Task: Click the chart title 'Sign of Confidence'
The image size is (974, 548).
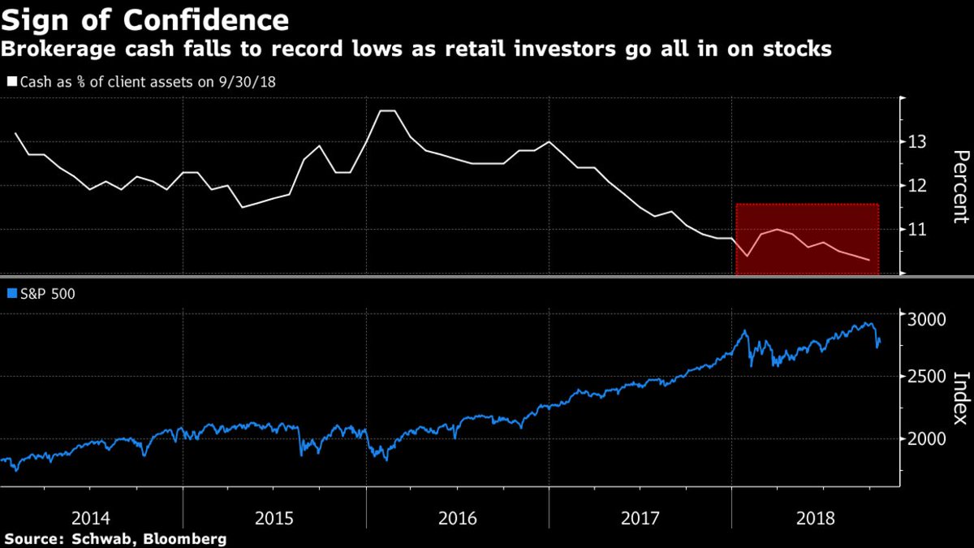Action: (144, 19)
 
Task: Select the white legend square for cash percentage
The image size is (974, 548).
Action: (11, 81)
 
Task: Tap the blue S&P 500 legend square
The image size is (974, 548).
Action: (11, 295)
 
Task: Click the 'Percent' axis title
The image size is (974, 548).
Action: (960, 186)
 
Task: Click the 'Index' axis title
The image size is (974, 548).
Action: (960, 398)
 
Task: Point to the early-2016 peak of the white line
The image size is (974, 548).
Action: (388, 110)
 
